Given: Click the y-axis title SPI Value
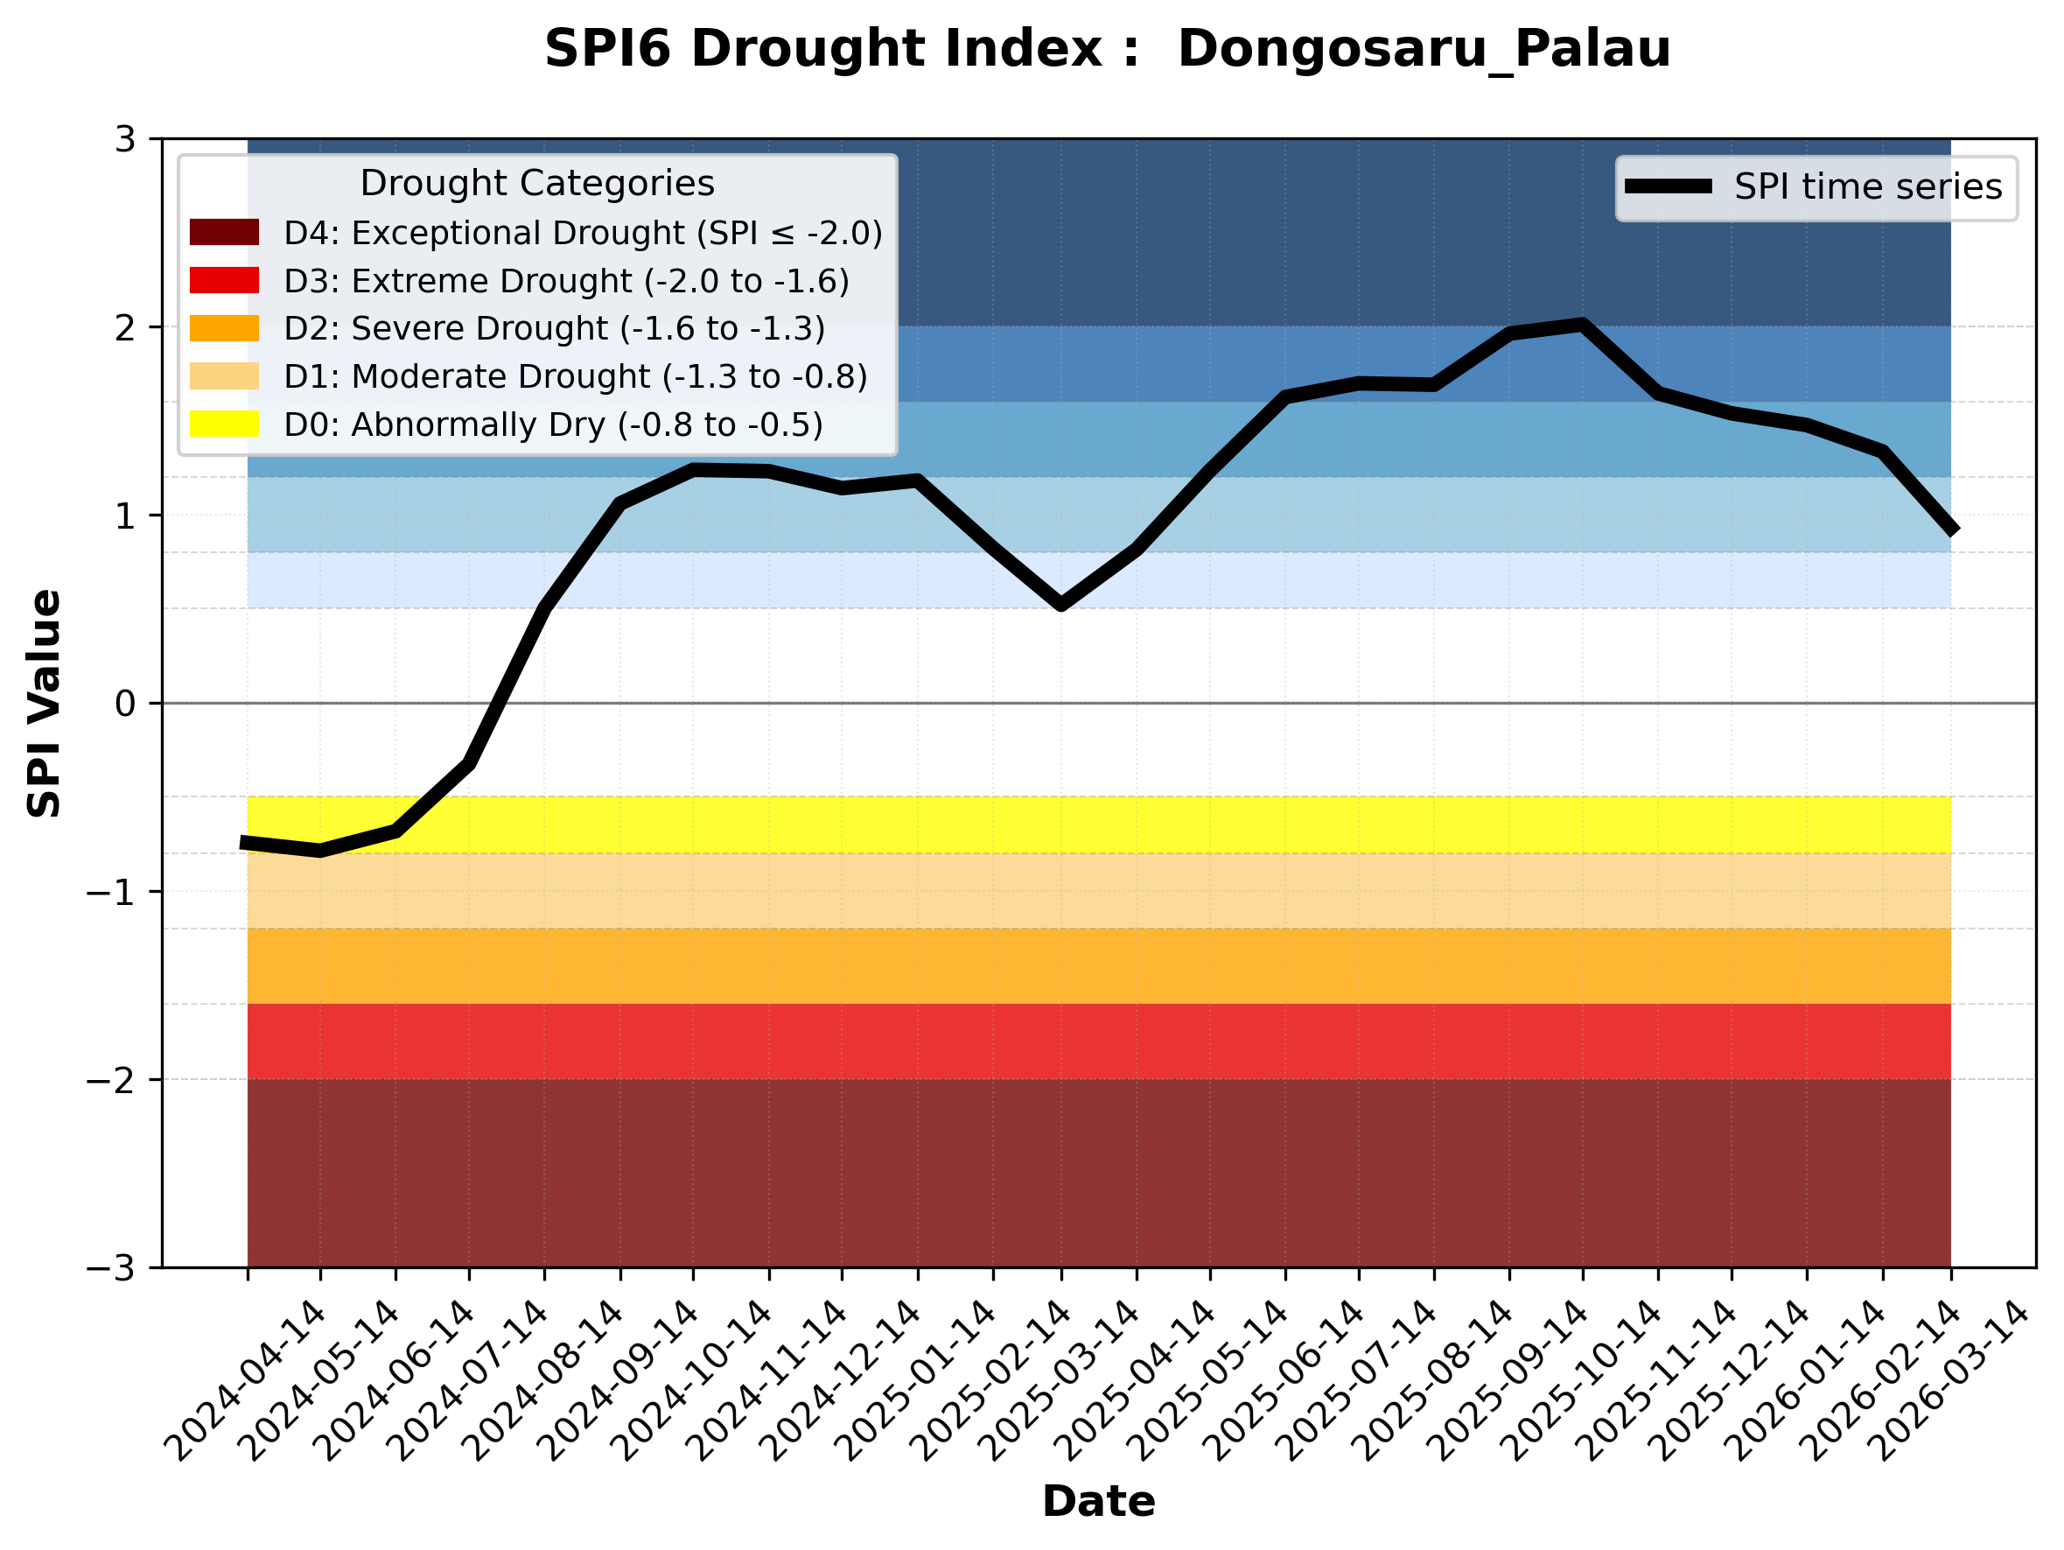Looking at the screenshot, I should (x=44, y=704).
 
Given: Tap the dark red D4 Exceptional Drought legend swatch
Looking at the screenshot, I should (x=224, y=232).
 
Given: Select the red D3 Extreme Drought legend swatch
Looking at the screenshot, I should (x=224, y=280).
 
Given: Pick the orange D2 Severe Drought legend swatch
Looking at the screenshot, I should (x=224, y=328).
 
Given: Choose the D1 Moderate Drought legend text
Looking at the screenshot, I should (x=576, y=376).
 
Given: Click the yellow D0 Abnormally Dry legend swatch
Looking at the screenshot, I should (x=224, y=424).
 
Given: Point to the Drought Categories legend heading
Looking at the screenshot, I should (x=536, y=183).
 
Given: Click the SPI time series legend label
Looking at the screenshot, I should (x=1868, y=186).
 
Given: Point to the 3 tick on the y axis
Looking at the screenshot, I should (x=125, y=140).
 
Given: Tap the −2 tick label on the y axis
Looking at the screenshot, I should (x=111, y=1080).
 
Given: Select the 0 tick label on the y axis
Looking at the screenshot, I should (x=125, y=704).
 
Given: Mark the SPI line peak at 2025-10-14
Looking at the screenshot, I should (x=1583, y=325).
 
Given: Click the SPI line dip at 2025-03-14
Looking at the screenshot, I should (x=1061, y=605).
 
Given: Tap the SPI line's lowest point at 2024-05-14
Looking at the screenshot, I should (x=320, y=850).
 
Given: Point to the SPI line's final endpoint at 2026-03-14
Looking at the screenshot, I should (x=1950, y=530).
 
